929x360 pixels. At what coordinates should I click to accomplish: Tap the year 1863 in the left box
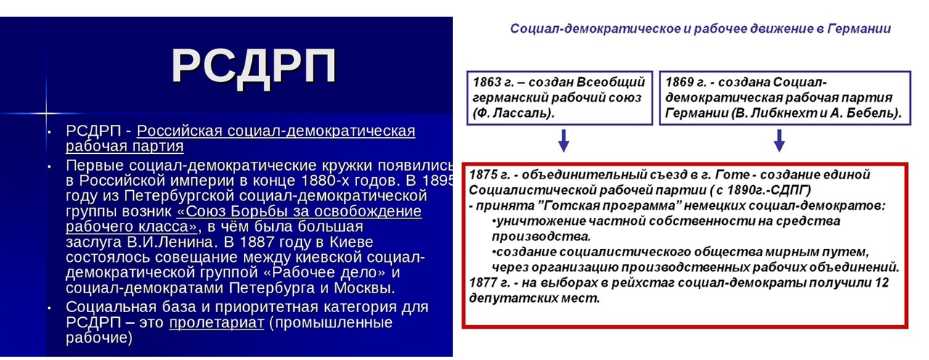pyautogui.click(x=487, y=82)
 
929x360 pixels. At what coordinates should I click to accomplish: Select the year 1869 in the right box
pyautogui.click(x=680, y=82)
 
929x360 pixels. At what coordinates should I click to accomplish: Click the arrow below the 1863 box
pyautogui.click(x=563, y=141)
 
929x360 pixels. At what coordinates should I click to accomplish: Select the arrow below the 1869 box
pyautogui.click(x=779, y=141)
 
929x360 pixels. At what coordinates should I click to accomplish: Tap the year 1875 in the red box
pyautogui.click(x=483, y=175)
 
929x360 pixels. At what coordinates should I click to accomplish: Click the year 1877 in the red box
pyautogui.click(x=483, y=283)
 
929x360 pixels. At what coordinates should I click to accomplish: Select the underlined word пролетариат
pyautogui.click(x=216, y=323)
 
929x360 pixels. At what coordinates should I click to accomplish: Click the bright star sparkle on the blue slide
pyautogui.click(x=46, y=112)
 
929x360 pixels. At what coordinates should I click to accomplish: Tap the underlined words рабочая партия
pyautogui.click(x=124, y=146)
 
